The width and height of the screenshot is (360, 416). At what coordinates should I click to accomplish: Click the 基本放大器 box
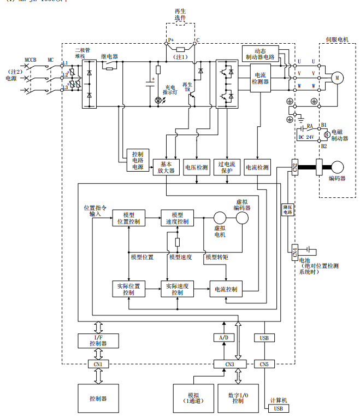166,167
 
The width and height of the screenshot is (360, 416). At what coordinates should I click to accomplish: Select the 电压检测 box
197,167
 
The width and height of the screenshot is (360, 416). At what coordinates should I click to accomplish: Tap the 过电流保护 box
227,167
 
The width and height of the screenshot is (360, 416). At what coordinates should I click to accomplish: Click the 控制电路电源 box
137,160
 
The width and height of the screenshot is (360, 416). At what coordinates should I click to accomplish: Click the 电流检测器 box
260,78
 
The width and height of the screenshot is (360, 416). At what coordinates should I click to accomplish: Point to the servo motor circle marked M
337,78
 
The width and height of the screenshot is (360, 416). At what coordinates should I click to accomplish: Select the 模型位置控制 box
129,218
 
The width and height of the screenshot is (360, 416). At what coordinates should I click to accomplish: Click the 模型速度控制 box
177,218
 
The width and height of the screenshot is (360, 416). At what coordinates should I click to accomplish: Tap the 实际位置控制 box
129,289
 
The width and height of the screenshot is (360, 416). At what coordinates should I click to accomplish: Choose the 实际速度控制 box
177,289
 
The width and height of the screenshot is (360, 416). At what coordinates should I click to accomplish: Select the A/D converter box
223,338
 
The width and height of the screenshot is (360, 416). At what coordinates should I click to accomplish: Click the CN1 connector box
98,364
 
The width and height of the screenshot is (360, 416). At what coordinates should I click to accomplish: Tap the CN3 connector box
229,364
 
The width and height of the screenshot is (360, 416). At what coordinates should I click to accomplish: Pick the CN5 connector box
264,364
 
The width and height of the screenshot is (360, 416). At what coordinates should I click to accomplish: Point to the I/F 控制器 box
98,341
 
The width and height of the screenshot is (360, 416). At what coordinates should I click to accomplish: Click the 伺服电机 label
337,39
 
